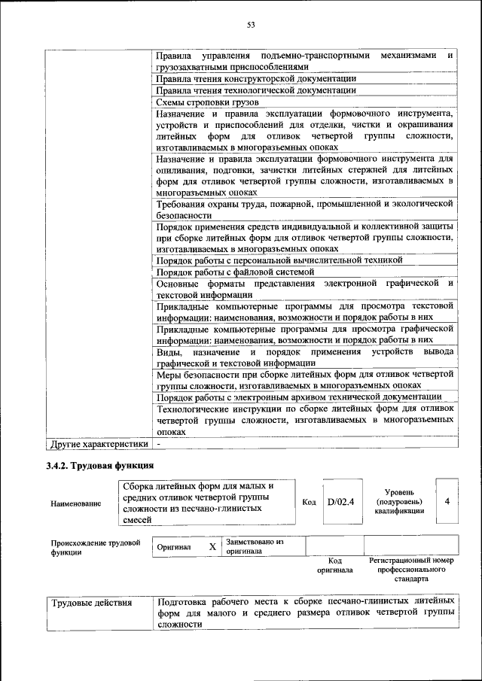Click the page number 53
pos(252,25)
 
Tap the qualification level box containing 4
pos(447,501)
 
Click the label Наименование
pos(76,503)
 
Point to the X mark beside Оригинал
pos(212,547)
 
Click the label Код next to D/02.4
pos(309,501)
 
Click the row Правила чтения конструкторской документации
pos(255,78)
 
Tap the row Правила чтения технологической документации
pos(255,90)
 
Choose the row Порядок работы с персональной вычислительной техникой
pos(279,260)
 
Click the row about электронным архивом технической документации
pos(298,397)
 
